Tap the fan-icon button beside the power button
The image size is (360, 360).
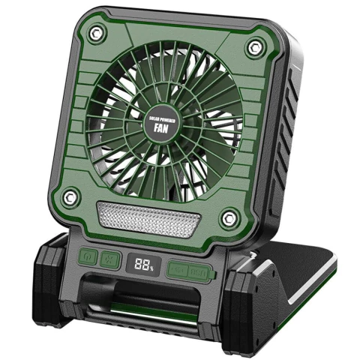pos(110,257)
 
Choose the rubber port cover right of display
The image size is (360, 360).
pos(188,269)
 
